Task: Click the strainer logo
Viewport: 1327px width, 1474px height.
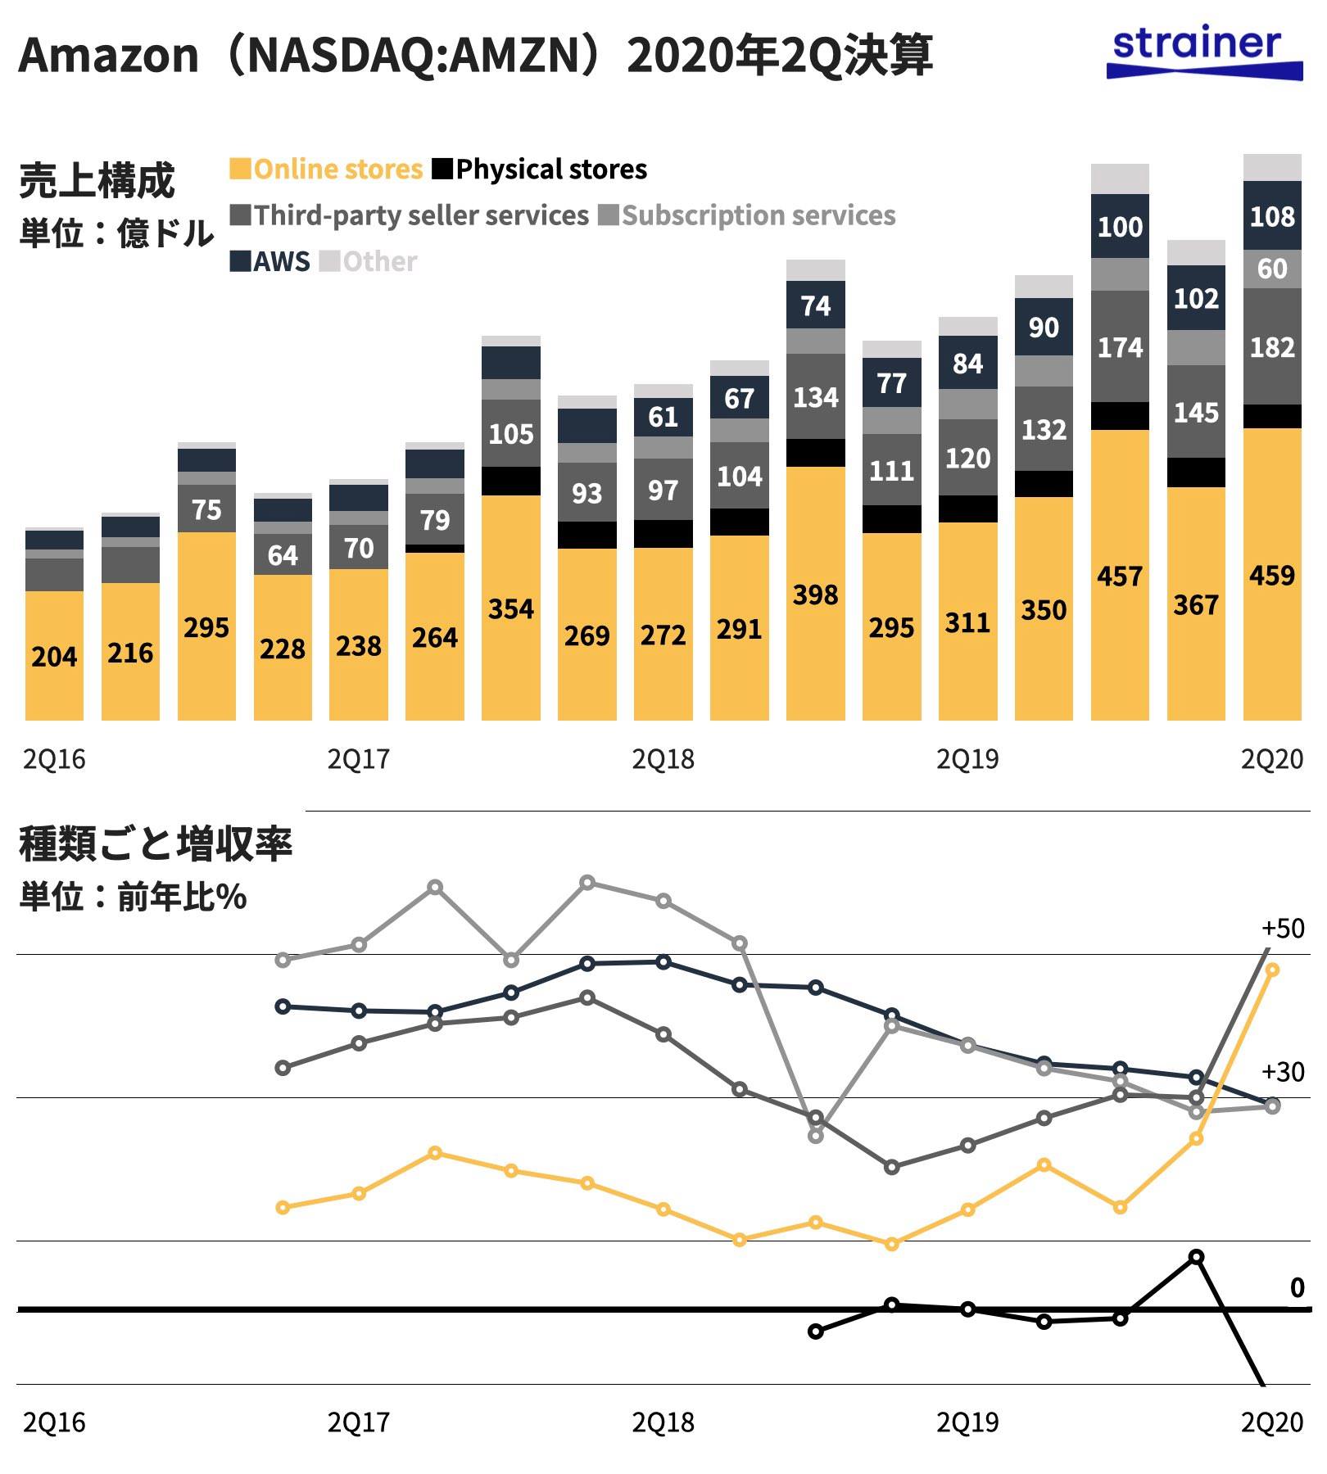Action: tap(1204, 53)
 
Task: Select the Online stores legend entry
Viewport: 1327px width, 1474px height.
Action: tap(326, 170)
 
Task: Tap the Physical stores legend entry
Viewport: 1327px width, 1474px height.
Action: tap(540, 170)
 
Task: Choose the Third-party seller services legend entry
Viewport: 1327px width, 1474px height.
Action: tap(410, 215)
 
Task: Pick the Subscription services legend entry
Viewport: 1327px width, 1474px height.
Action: tap(747, 215)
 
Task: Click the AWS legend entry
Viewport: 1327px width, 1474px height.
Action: tap(270, 262)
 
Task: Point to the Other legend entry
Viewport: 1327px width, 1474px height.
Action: tap(368, 262)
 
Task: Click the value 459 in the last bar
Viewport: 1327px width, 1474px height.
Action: tap(1272, 576)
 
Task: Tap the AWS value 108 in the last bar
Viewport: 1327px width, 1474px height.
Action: tap(1272, 217)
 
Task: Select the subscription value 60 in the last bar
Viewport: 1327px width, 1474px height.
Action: tap(1272, 269)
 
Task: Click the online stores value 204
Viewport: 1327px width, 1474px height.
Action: tap(54, 657)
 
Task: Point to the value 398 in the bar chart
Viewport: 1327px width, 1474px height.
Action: tap(815, 595)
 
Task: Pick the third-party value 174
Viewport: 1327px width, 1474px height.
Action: tap(1120, 348)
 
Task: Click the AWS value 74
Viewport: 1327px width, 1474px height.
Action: tap(815, 306)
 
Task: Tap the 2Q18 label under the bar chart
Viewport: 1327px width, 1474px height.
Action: tap(663, 760)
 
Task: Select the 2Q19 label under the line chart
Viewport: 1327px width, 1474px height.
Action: tap(967, 1422)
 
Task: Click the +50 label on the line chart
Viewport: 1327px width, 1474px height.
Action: tap(1283, 929)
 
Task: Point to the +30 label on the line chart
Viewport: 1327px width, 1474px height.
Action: tap(1283, 1072)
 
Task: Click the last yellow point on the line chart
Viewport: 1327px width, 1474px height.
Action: tap(1272, 970)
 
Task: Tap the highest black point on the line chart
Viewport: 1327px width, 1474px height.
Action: tap(1196, 1257)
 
